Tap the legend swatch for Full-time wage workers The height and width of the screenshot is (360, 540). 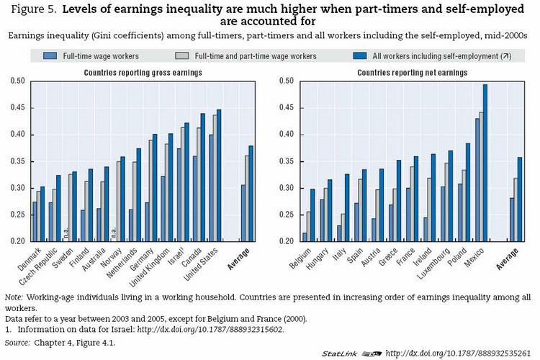click(x=50, y=55)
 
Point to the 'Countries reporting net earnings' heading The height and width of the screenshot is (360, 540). click(x=402, y=73)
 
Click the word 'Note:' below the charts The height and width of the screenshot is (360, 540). click(x=14, y=296)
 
